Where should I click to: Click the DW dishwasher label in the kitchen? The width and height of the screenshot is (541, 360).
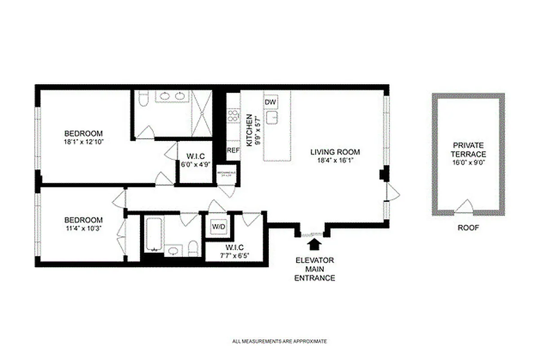point(270,103)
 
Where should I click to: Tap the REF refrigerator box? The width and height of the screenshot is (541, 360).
point(233,151)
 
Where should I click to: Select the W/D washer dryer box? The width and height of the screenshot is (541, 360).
point(218,227)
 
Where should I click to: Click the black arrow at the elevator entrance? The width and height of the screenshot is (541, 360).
point(314,245)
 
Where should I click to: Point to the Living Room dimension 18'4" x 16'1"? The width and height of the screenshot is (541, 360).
point(335,160)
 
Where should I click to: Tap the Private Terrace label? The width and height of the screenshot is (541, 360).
point(468,149)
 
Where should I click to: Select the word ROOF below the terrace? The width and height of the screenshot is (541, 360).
point(468,228)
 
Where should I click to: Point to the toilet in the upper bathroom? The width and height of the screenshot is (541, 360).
point(143,99)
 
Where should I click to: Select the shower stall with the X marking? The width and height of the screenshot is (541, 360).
point(201,112)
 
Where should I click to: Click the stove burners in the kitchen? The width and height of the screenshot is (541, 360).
point(233,116)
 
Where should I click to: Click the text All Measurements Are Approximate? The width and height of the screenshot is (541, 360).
point(279,342)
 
